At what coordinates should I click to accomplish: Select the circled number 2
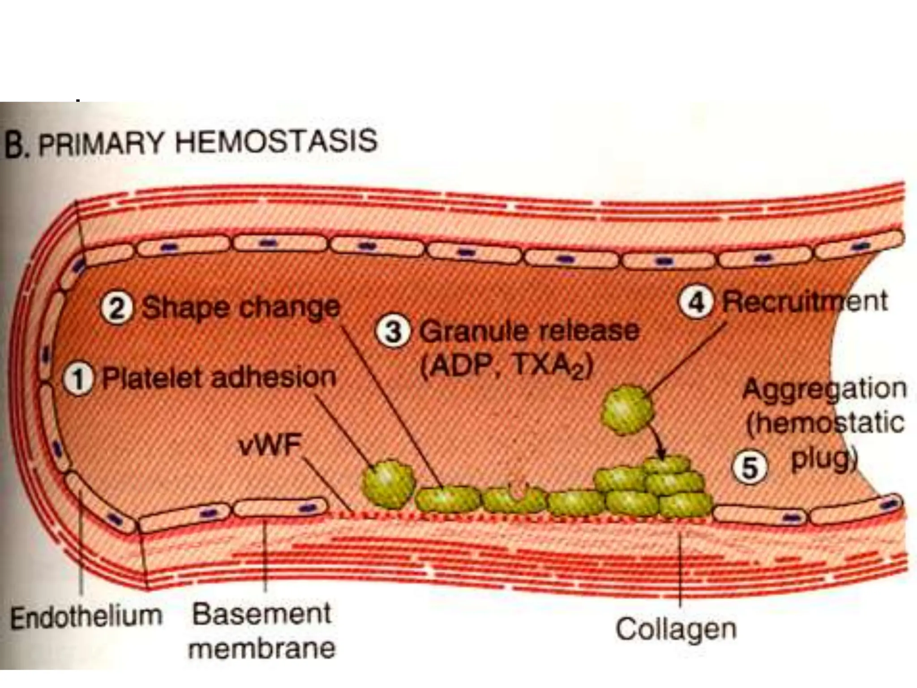[117, 309]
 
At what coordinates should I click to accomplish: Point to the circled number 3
[393, 332]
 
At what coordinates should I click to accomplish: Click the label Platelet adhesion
[219, 378]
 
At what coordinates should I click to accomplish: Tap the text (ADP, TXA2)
[506, 366]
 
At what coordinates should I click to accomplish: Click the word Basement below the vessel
[261, 614]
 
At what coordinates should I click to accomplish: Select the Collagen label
[676, 629]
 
